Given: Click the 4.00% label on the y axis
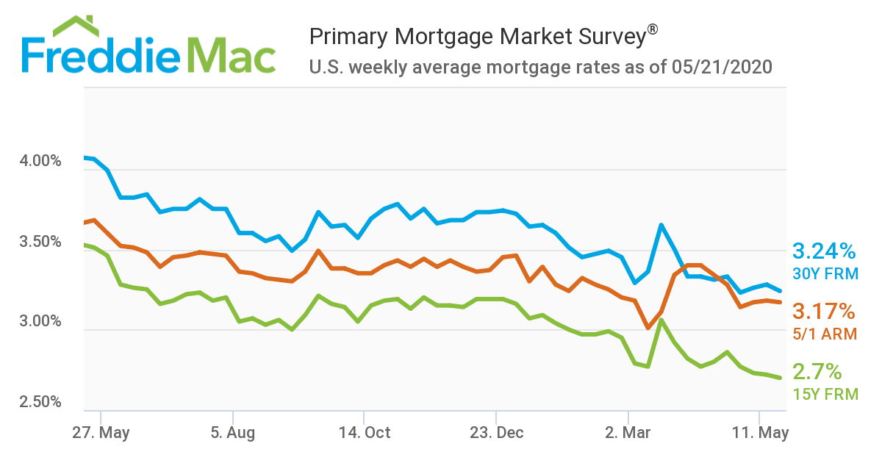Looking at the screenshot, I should tap(40, 161).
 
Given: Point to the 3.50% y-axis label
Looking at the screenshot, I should tap(40, 242).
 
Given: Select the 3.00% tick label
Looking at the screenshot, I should tap(40, 322).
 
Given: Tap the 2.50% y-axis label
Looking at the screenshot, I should tap(40, 402).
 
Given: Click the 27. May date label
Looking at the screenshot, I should tap(101, 432).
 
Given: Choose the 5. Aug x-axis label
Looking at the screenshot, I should tap(233, 432).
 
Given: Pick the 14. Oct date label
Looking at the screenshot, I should tap(364, 432).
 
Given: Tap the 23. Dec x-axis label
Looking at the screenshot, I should tap(496, 432).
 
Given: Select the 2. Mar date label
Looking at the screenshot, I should tap(628, 432).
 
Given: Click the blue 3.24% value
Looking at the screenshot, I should tap(824, 251).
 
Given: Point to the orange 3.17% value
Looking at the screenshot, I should tap(824, 311).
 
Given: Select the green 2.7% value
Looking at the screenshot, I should tap(817, 370).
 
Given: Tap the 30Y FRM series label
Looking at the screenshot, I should tap(825, 274).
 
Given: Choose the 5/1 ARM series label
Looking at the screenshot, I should tap(825, 334).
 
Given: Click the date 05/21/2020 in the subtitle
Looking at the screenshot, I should tap(722, 68).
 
